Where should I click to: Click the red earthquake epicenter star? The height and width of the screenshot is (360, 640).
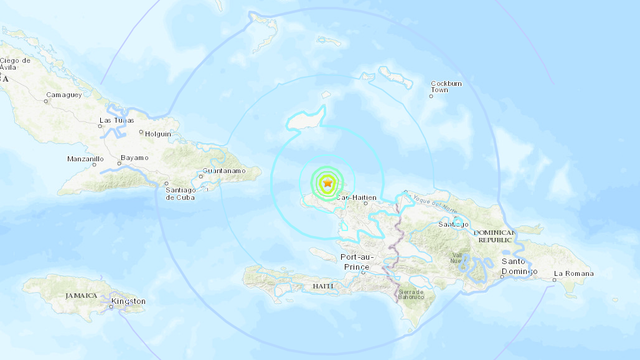point(327,183)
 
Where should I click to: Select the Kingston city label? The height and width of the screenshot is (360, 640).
point(128,301)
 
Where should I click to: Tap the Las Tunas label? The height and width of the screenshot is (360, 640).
point(116,121)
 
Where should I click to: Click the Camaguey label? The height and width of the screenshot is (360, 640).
point(62,96)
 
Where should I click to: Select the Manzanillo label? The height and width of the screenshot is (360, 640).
point(84,159)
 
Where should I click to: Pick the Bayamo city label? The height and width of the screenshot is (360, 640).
point(134,157)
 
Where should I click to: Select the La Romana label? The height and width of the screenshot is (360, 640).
point(574,273)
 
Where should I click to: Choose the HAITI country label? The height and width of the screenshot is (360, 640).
point(322,287)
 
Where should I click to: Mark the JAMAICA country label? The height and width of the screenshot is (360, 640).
point(77,295)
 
